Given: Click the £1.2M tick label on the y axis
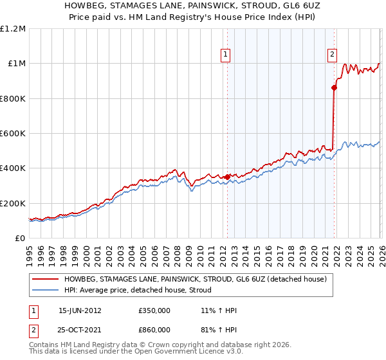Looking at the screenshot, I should (13, 29).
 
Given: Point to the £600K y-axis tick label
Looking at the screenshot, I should (13, 134).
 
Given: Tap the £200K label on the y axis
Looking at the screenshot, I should (13, 203).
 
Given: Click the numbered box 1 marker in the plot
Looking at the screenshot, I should (226, 55).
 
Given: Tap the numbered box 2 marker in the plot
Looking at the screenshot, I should (333, 55).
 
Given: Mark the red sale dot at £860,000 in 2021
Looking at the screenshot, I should (334, 88).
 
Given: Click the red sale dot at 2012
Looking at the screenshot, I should (227, 177).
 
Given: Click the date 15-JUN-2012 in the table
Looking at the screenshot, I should (80, 310).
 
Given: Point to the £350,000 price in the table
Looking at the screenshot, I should (154, 310).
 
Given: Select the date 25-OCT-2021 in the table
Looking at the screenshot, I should (80, 331).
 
